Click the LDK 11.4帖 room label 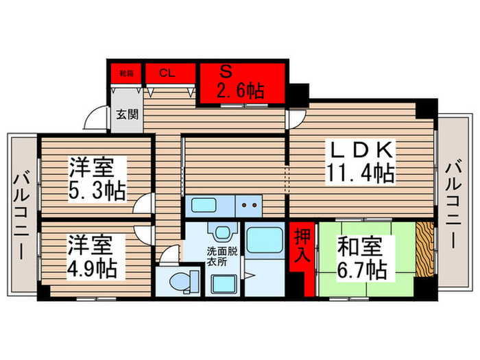[x=363, y=162]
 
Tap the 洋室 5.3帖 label [x=97, y=178]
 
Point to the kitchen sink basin [x=203, y=204]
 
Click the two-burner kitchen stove [x=248, y=204]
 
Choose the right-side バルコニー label [x=454, y=204]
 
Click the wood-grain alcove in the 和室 [x=424, y=250]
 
